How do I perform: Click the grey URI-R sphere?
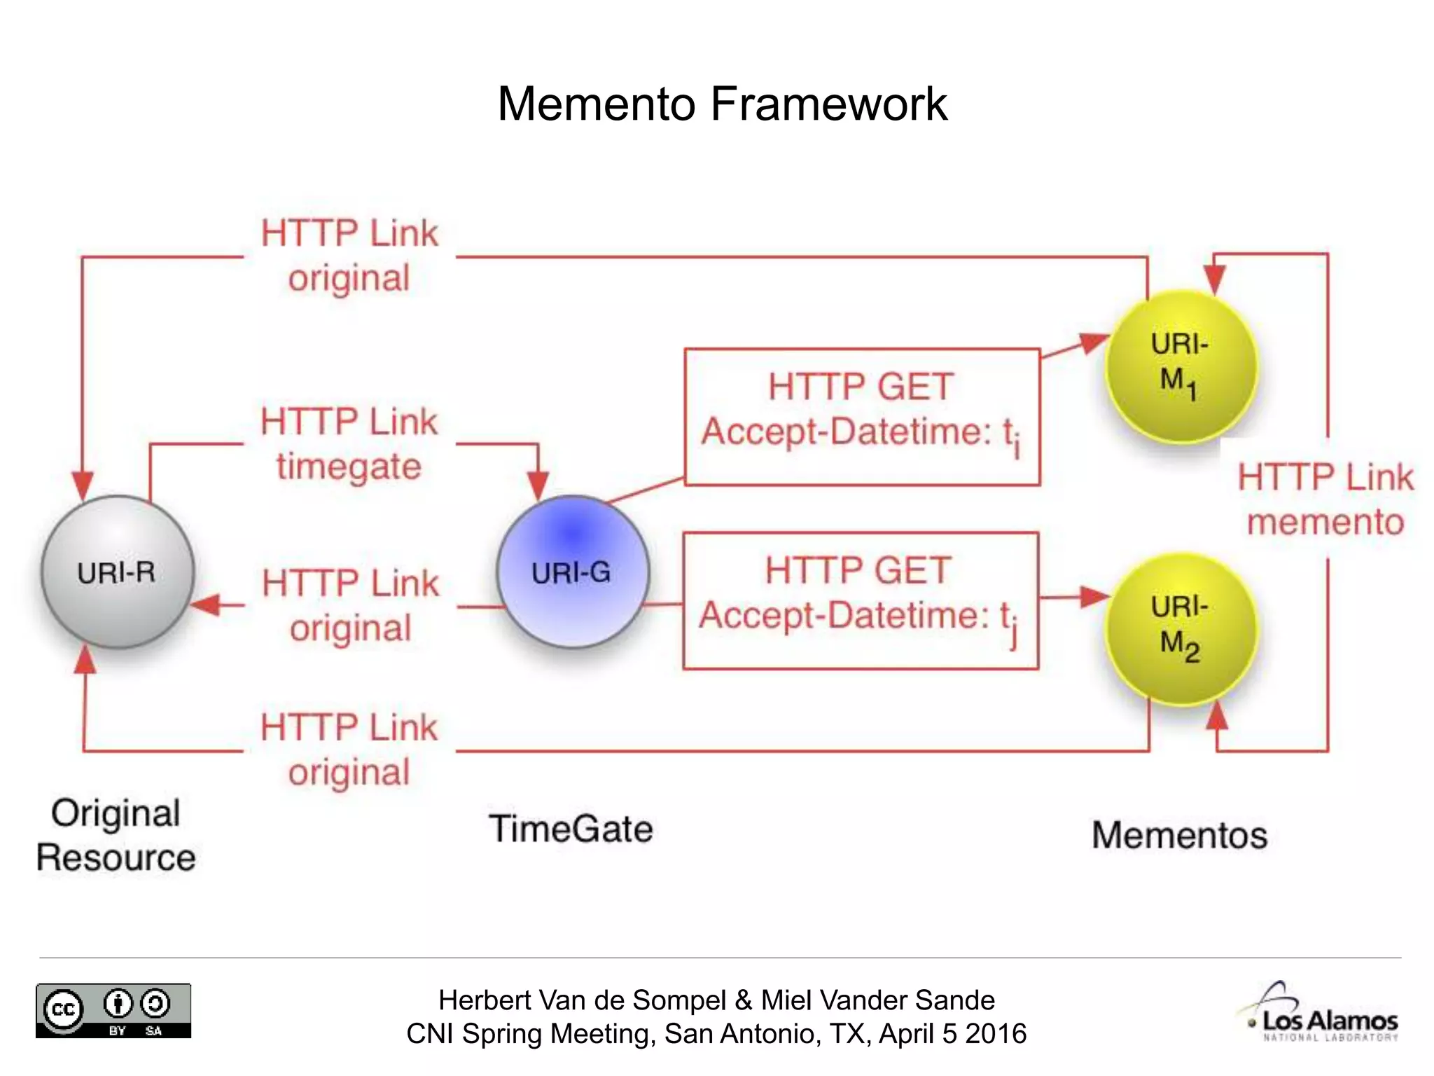117,572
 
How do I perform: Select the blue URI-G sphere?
572,572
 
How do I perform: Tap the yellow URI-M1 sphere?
1181,366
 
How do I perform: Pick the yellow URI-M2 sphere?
1181,628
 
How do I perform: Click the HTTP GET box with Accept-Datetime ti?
862,417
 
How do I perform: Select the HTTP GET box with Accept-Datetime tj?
861,601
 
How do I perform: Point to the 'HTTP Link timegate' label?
349,444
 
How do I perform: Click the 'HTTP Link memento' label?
1325,499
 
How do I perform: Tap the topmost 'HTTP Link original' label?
349,256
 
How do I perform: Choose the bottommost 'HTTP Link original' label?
349,750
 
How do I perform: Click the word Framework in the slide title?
829,104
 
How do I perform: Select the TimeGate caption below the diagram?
571,829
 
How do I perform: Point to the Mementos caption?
1179,835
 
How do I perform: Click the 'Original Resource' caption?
116,835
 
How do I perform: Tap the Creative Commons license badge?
113,1010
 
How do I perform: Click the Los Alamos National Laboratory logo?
1322,1013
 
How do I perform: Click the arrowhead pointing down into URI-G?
538,485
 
